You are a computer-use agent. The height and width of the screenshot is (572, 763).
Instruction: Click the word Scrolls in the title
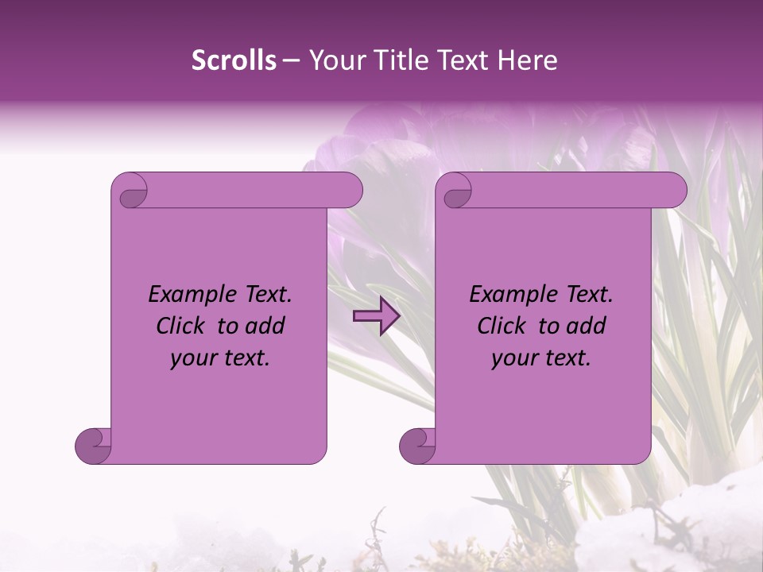[x=234, y=60]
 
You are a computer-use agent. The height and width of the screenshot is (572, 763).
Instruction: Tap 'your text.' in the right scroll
[x=541, y=358]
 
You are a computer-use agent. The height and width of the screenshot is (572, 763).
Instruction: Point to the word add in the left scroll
[x=265, y=327]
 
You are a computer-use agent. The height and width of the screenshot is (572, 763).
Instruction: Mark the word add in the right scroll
[x=586, y=327]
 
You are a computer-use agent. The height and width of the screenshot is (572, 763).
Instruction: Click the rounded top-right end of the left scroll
[x=350, y=191]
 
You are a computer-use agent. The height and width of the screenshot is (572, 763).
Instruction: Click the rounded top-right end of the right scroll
[x=674, y=191]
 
